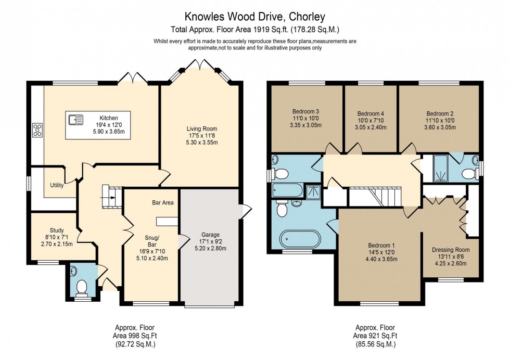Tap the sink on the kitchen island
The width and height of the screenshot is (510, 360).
76,121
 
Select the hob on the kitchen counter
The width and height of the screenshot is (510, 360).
37,130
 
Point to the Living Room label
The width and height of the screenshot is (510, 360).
202,128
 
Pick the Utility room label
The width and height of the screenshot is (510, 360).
57,185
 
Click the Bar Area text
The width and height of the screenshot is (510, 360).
162,202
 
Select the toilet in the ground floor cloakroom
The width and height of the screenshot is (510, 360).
81,287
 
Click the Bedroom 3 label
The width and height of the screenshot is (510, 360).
305,112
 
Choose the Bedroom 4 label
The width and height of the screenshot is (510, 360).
371,114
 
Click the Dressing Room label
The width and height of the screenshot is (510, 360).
451,250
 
